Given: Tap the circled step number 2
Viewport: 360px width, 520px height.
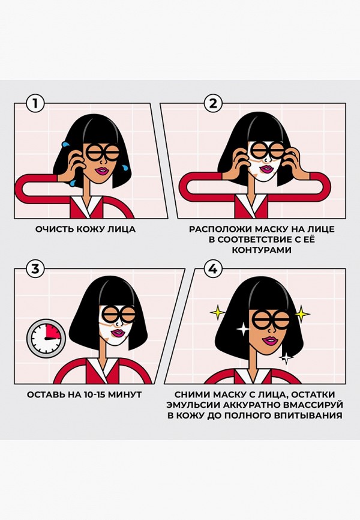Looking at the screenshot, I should [x=212, y=104].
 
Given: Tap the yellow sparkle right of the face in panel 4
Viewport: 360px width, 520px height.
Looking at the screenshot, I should [x=302, y=313].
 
